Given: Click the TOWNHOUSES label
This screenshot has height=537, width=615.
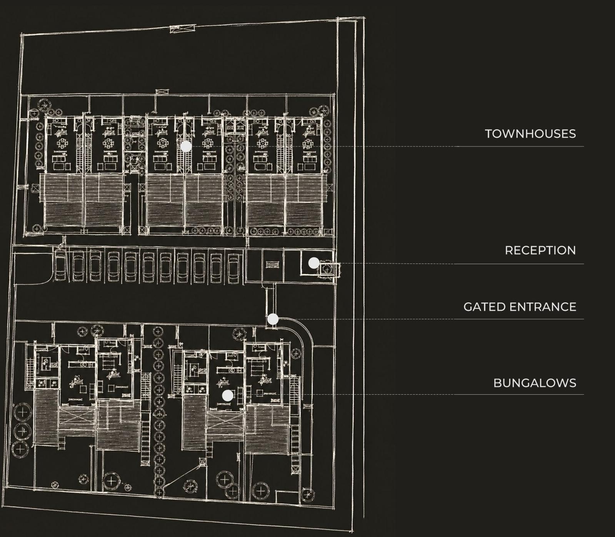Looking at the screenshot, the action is click(530, 134).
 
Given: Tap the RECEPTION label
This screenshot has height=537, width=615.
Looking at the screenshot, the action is click(540, 250).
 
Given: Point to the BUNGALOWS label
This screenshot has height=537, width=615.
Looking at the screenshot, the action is click(535, 383).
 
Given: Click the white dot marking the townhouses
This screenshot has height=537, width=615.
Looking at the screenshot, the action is click(186, 146).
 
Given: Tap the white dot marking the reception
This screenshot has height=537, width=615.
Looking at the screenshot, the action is click(314, 263).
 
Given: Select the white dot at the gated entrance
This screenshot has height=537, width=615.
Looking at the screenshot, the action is click(273, 319).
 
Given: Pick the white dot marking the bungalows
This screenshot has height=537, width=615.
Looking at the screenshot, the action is click(228, 395).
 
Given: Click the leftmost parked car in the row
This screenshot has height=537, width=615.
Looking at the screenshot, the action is click(61, 266).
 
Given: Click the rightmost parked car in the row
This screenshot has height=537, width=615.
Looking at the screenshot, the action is click(233, 267).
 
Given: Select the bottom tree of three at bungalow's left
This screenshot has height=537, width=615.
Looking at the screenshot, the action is click(20, 449).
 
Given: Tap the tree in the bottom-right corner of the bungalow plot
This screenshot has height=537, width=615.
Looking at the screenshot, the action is click(308, 494).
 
